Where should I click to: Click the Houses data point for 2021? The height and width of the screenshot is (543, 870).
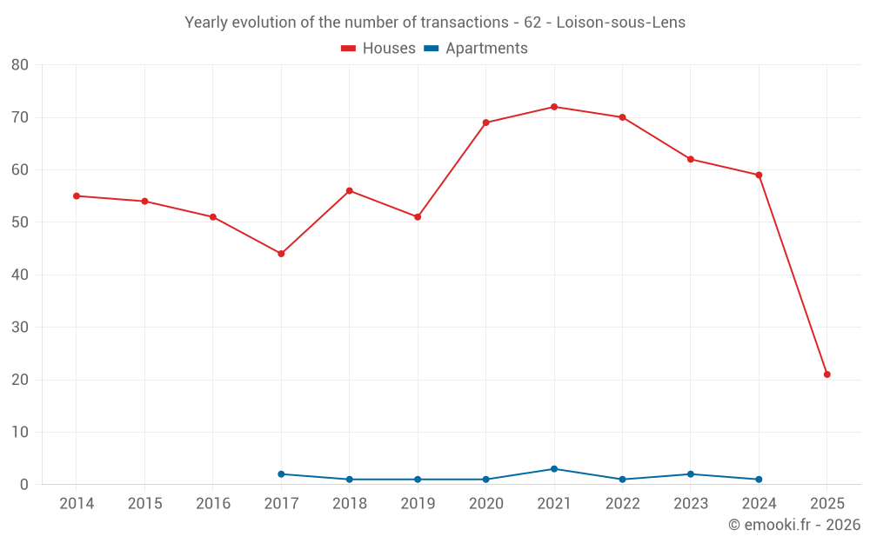click(x=554, y=107)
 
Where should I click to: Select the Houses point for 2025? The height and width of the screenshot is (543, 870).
click(x=827, y=374)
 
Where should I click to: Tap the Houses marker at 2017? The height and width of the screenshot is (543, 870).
click(x=281, y=254)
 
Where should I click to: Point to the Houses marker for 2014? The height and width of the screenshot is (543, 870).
click(x=77, y=196)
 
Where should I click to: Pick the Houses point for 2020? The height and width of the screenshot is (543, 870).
click(x=485, y=123)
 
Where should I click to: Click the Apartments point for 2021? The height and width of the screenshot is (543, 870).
click(x=554, y=469)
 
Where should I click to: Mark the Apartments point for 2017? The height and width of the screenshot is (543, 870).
click(x=281, y=474)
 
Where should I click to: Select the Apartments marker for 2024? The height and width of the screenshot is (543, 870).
click(x=759, y=480)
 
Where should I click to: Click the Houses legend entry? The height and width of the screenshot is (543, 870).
click(x=378, y=49)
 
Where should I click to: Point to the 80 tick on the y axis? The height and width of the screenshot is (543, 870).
click(x=20, y=65)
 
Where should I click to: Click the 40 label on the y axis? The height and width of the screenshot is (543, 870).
click(x=20, y=275)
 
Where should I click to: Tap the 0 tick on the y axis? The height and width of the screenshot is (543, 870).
click(x=24, y=485)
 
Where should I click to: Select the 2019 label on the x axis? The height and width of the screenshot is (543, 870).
click(x=418, y=504)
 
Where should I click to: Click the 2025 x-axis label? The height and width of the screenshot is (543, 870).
click(x=827, y=504)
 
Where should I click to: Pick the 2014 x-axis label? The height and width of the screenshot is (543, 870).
click(x=77, y=504)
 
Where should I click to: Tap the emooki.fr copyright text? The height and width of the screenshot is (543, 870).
click(x=794, y=525)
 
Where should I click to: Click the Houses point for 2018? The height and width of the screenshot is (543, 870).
click(x=350, y=191)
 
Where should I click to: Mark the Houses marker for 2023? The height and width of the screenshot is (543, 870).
click(x=691, y=159)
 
